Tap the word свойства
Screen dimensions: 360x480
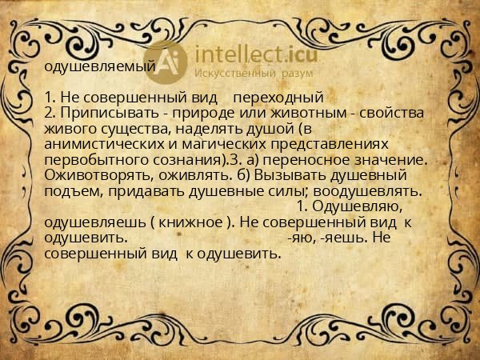(390, 114)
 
